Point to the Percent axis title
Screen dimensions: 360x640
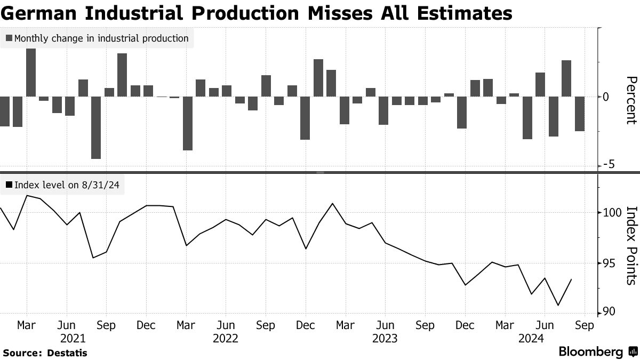631,100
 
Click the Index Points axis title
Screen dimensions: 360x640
631,245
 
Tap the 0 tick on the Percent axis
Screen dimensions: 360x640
605,97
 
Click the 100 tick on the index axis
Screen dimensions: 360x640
609,213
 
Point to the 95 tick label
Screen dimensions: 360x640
606,263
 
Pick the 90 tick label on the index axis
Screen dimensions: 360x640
606,311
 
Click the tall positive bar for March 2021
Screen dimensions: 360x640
31,73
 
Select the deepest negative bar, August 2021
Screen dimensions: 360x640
96,127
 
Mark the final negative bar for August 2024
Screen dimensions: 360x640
579,114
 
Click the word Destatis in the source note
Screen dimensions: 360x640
67,353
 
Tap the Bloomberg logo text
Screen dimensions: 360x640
591,351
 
